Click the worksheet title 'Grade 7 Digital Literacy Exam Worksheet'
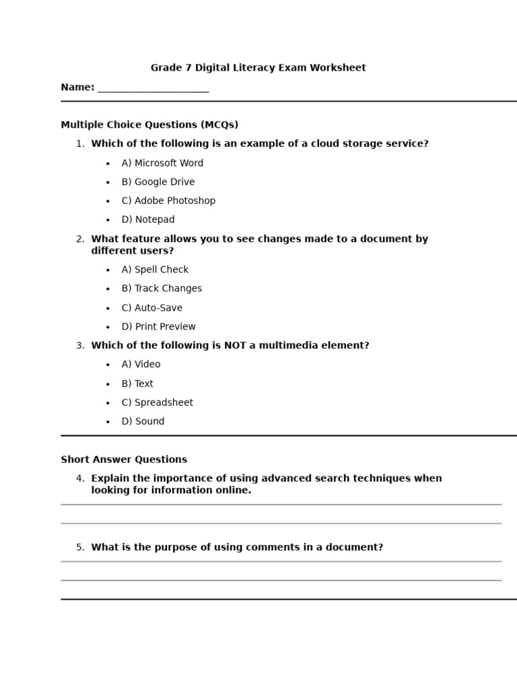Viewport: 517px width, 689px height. [258, 68]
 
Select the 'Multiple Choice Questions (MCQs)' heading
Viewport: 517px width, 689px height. [149, 125]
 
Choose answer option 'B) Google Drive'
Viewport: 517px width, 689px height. [158, 182]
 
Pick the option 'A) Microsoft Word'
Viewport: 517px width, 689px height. [162, 163]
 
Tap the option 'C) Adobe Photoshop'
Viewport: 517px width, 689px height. [168, 201]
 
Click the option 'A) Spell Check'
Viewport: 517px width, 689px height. [155, 270]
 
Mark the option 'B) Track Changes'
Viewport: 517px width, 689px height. [162, 289]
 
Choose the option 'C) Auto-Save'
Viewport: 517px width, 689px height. [151, 308]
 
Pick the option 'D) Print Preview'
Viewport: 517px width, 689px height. [158, 327]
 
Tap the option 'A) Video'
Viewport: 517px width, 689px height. [141, 365]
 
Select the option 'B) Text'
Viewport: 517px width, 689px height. [137, 384]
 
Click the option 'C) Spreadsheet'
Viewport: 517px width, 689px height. [157, 402]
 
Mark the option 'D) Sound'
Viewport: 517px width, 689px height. [143, 422]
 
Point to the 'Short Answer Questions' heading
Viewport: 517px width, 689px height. [124, 460]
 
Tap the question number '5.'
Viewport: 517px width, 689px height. [80, 548]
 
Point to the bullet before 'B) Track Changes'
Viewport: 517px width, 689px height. [108, 289]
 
